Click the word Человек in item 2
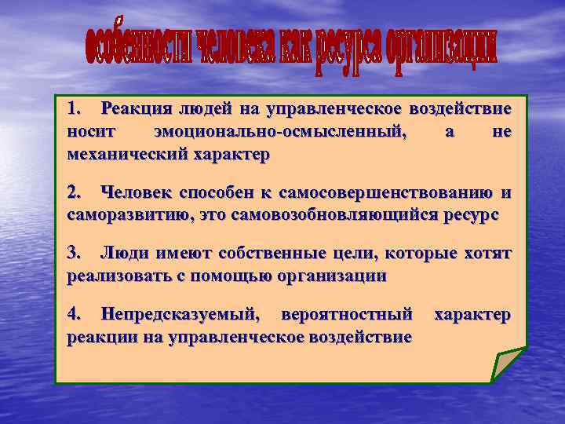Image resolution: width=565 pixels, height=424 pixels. (x=137, y=193)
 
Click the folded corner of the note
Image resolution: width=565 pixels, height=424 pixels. (x=506, y=364)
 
